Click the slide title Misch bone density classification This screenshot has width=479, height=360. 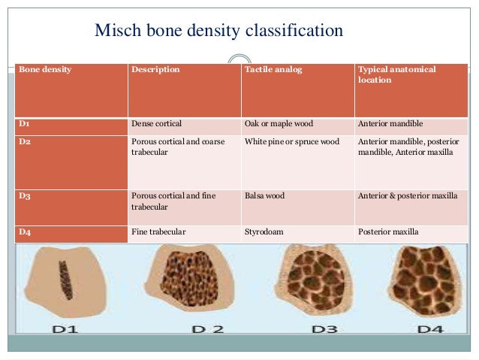(218, 31)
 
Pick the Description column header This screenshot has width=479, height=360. (155, 70)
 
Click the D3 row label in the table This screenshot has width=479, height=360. (25, 195)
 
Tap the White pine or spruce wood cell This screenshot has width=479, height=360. (292, 141)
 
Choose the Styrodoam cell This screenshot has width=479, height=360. (264, 231)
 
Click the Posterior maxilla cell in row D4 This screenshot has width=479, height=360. (388, 231)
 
